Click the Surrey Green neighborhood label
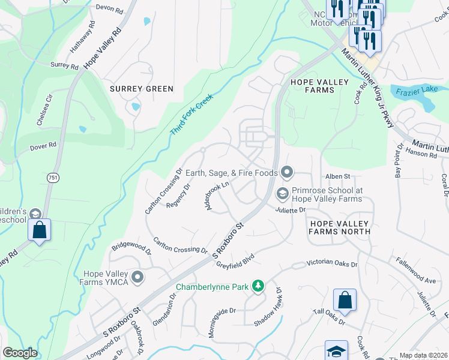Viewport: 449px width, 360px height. tap(142, 89)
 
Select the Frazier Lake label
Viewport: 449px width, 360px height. tap(419, 91)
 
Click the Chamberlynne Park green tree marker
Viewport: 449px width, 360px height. tap(258, 286)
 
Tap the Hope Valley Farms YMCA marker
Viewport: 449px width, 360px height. tap(137, 277)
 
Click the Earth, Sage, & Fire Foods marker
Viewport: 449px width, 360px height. tap(286, 173)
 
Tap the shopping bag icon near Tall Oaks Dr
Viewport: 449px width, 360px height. tap(345, 301)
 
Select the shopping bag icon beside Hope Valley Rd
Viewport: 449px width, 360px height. tap(39, 230)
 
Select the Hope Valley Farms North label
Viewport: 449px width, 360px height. tap(340, 227)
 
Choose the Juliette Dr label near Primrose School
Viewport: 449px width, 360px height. tap(291, 211)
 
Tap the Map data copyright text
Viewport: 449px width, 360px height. tap(423, 355)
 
